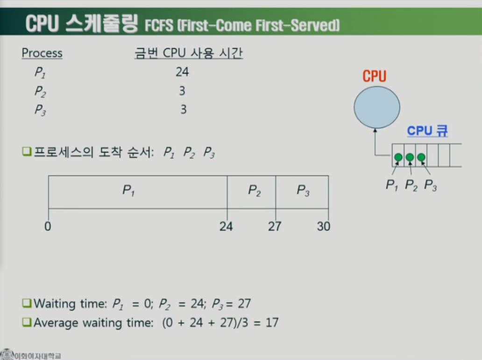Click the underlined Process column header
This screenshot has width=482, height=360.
point(42,53)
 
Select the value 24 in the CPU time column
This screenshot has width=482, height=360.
point(182,72)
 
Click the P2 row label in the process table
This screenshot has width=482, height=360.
point(41,91)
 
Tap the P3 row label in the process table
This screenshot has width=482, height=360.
point(41,110)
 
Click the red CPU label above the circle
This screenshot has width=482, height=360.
point(375,76)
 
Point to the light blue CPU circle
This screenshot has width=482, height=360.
point(376,107)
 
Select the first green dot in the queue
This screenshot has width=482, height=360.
point(398,157)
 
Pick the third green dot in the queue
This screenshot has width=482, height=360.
point(421,157)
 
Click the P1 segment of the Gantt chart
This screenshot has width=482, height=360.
point(138,192)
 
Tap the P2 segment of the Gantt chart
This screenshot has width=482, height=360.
point(251,192)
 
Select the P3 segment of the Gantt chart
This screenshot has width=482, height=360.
point(302,192)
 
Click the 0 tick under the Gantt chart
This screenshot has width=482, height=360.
point(48,227)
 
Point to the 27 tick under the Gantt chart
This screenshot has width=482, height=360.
point(275,227)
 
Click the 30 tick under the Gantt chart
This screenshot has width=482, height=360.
point(323,227)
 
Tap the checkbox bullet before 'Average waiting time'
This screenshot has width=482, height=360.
point(26,322)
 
